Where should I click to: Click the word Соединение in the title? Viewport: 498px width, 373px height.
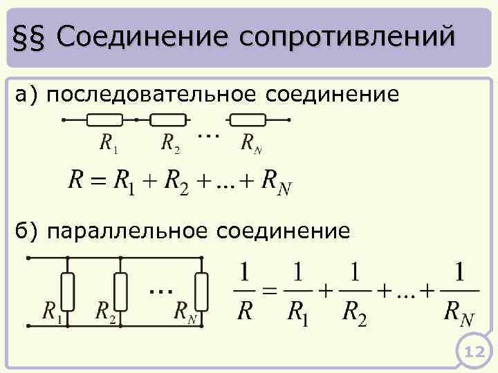[x=142, y=36]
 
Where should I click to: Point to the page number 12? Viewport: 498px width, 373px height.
[x=474, y=353]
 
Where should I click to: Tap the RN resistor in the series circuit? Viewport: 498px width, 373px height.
[x=247, y=119]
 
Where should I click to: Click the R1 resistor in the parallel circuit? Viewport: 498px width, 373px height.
[x=68, y=291]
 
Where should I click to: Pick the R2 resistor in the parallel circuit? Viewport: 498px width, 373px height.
[x=120, y=291]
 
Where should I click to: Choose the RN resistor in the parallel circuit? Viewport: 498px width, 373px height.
[x=201, y=291]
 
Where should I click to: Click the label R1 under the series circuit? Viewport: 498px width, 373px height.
[x=109, y=143]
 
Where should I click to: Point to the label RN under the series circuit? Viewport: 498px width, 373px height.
[x=251, y=144]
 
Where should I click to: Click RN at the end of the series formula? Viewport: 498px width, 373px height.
[x=275, y=182]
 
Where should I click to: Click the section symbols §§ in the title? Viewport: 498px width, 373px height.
[x=31, y=36]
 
